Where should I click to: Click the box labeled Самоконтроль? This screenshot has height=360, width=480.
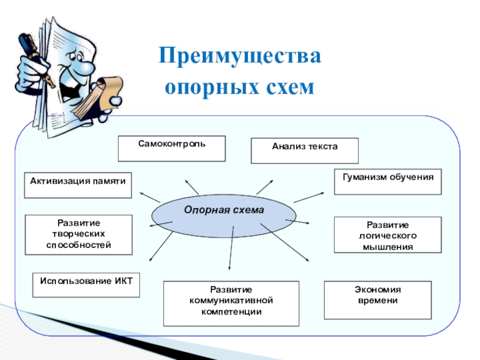coord(172,148)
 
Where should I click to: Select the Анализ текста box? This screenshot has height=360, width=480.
coord(304,151)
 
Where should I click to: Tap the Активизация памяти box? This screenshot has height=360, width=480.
coord(78,185)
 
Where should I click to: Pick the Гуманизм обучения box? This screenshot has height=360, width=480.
coord(388,182)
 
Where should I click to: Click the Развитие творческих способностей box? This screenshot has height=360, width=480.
coord(78,235)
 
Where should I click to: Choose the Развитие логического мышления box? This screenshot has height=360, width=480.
coord(387,235)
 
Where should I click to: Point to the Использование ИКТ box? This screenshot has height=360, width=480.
coord(86,284)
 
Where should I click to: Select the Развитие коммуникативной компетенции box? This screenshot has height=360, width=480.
coord(231,303)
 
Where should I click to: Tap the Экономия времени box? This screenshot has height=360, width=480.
coord(377,299)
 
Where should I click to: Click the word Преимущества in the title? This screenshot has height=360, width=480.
coord(240,58)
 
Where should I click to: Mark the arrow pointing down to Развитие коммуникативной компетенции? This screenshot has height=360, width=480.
coord(230,252)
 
